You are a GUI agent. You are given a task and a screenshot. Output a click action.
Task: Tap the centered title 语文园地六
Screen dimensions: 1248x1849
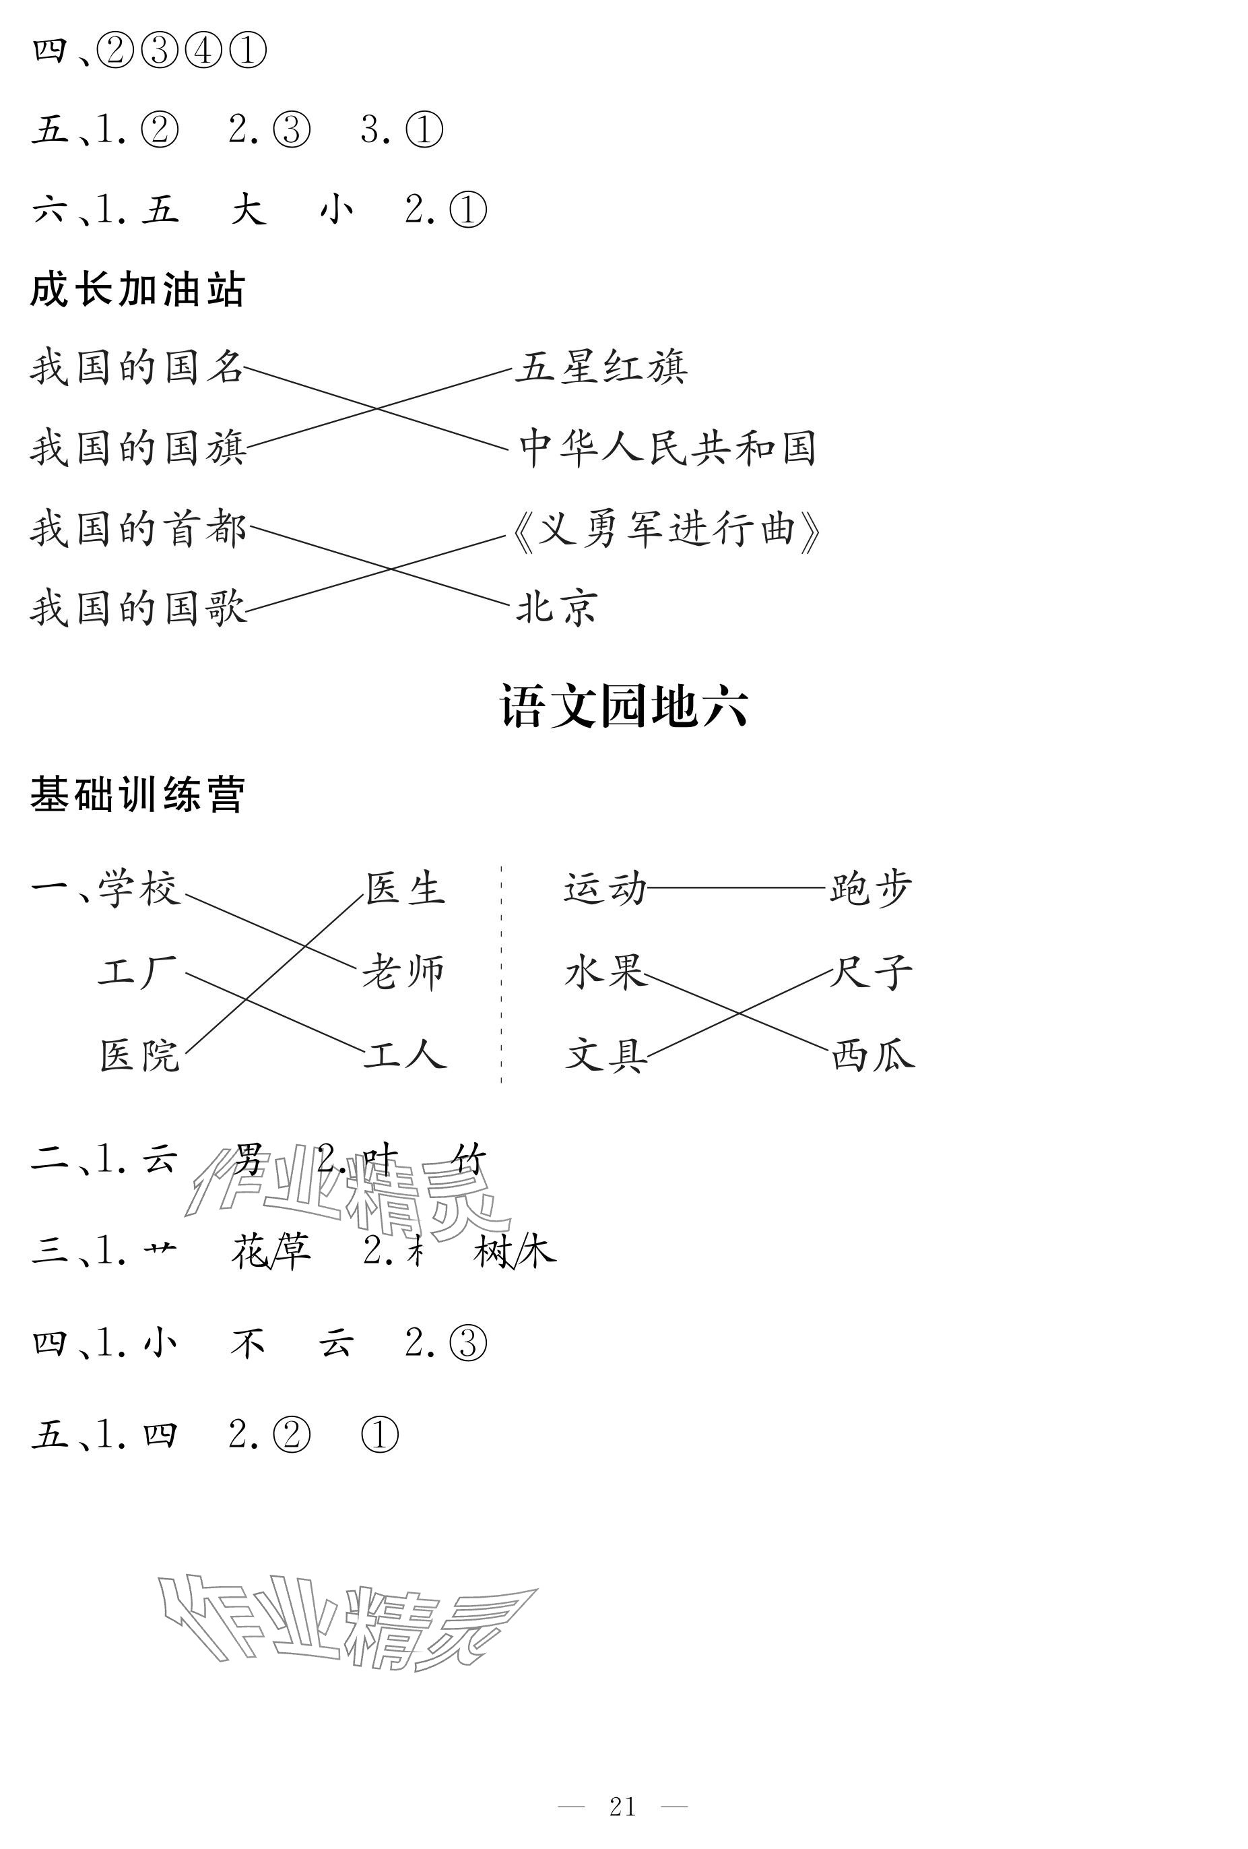(x=623, y=706)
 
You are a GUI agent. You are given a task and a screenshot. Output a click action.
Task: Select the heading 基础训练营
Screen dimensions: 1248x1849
(x=137, y=794)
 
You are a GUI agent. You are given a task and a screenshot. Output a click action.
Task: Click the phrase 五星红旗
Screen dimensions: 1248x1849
(x=601, y=367)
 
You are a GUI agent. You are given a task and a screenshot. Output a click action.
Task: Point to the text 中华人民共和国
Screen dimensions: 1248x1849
(x=667, y=447)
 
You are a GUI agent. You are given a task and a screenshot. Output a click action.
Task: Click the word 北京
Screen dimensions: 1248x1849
(x=556, y=608)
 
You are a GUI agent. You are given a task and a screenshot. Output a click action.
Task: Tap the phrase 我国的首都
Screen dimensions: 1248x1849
(x=138, y=529)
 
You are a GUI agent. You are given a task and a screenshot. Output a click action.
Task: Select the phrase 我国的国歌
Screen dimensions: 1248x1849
(x=138, y=608)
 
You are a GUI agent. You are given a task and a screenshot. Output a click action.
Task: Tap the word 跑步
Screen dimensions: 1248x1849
(x=870, y=889)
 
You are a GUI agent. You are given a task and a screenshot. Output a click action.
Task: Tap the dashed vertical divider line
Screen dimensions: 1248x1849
(x=501, y=974)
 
